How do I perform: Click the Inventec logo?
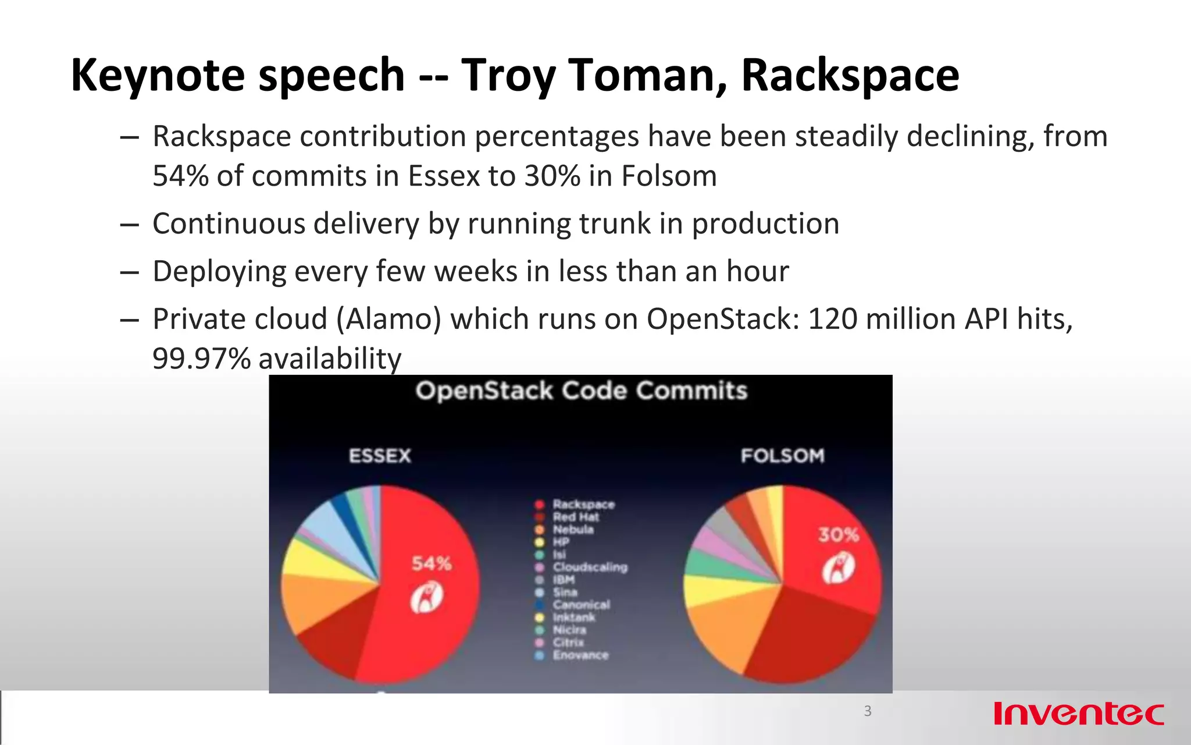coord(1079,714)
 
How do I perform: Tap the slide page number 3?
coord(868,711)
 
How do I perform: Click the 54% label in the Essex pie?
coord(432,563)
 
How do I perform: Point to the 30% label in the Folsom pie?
coord(839,535)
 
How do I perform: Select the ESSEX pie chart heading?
coord(380,456)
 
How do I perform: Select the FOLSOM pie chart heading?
coord(783,456)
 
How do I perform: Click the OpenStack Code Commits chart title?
coord(581,391)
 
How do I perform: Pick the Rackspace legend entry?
coord(583,504)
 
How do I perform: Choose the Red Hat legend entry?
coord(575,517)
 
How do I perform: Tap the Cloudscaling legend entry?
coord(590,567)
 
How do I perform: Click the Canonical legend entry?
coord(581,605)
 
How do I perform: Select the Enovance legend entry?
coord(580,655)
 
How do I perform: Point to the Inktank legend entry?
coord(573,617)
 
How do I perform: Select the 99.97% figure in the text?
coord(201,359)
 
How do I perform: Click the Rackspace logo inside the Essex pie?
coord(427,598)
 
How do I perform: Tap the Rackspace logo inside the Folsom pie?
coord(838,567)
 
